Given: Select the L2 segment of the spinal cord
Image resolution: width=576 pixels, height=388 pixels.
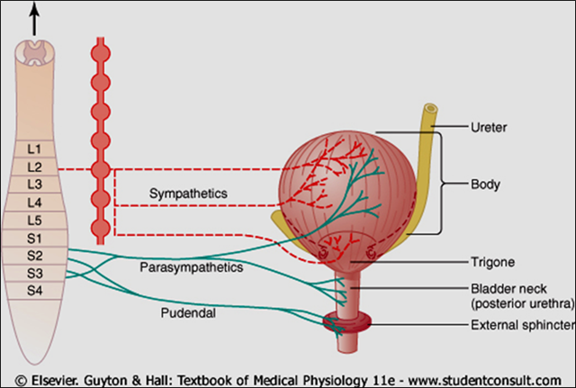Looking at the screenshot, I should (34, 167).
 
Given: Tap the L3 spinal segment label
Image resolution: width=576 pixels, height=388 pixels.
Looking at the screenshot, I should (34, 185).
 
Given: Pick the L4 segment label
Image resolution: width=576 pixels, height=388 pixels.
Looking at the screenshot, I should (34, 203).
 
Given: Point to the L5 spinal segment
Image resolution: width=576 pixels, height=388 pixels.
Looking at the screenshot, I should (34, 221).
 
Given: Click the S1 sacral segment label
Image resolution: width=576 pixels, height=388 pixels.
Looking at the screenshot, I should (34, 239).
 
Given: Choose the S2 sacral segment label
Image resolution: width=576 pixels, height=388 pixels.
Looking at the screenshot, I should (34, 257).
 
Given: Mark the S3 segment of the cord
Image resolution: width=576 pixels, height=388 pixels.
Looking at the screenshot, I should (34, 274).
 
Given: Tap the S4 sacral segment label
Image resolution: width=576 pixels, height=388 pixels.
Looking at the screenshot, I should (34, 291).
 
